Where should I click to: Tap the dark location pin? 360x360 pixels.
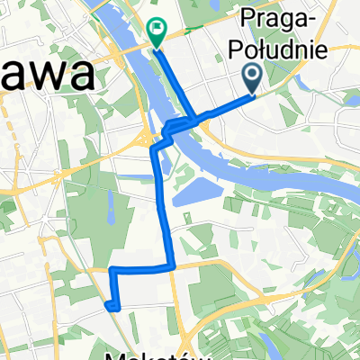tap(253, 76)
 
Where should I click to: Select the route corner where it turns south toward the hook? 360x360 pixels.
tap(110, 269)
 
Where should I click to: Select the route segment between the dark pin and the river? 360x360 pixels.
tap(225, 106)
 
